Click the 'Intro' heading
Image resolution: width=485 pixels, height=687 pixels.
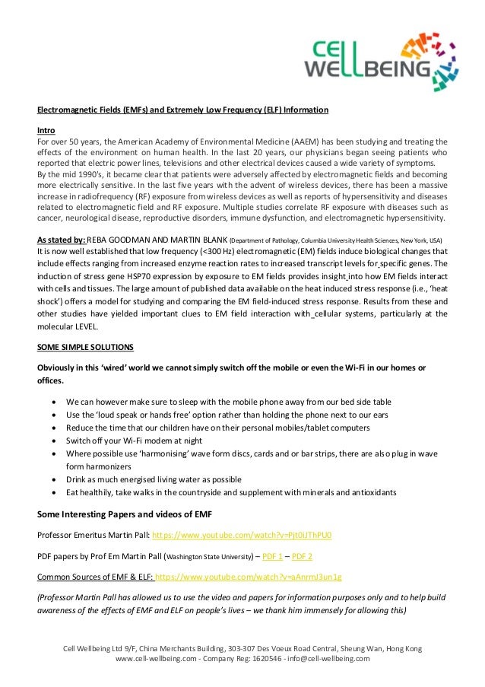click(x=46, y=129)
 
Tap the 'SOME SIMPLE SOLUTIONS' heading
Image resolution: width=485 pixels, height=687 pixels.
click(x=85, y=347)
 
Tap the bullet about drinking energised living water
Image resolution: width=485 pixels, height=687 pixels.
click(x=154, y=479)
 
